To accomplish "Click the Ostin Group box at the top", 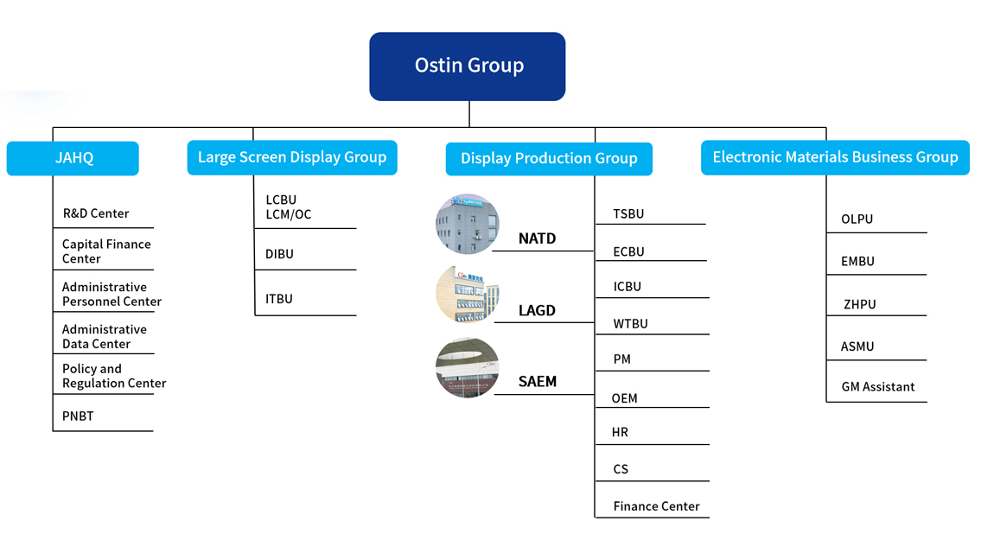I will pyautogui.click(x=468, y=67).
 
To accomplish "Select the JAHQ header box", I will pyautogui.click(x=73, y=158).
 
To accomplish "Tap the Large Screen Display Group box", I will pyautogui.click(x=292, y=157).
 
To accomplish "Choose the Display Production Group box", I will pyautogui.click(x=549, y=158).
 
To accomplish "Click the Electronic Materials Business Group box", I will pyautogui.click(x=835, y=157).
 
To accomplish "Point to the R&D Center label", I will pyautogui.click(x=96, y=213).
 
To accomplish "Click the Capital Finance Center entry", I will pyautogui.click(x=106, y=251).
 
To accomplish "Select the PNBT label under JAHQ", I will pyautogui.click(x=78, y=416).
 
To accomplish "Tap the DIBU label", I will pyautogui.click(x=279, y=254).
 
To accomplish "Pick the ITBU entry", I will pyautogui.click(x=279, y=299).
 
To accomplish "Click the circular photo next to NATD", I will pyautogui.click(x=468, y=224).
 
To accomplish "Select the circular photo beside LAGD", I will pyautogui.click(x=468, y=295).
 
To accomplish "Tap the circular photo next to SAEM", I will pyautogui.click(x=468, y=367).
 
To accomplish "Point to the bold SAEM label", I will pyautogui.click(x=538, y=382).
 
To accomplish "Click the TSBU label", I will pyautogui.click(x=628, y=213).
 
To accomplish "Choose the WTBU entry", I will pyautogui.click(x=630, y=324).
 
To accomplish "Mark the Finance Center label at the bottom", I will pyautogui.click(x=656, y=506).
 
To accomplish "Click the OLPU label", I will pyautogui.click(x=857, y=219).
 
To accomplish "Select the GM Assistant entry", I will pyautogui.click(x=877, y=387).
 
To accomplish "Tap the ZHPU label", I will pyautogui.click(x=859, y=304).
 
